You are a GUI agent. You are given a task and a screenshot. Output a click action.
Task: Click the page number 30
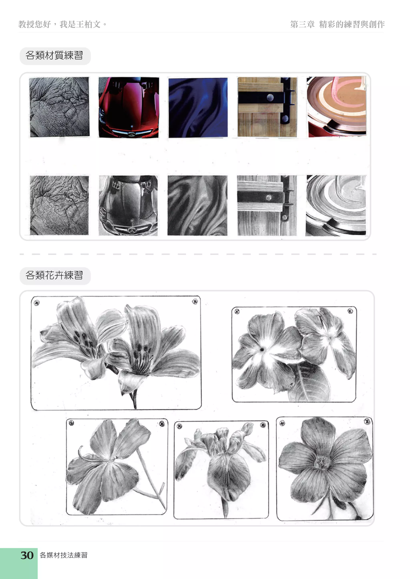click(27, 555)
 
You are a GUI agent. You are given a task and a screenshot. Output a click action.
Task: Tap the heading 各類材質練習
click(54, 55)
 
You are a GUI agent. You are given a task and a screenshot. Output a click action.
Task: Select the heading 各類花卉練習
click(54, 275)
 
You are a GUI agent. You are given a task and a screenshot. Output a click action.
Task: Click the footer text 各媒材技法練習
click(63, 555)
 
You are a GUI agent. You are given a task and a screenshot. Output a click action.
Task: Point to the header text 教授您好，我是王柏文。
click(62, 24)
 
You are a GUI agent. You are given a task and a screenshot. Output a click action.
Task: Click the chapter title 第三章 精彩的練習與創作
click(337, 24)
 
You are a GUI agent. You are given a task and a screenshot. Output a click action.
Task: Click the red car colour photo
click(129, 107)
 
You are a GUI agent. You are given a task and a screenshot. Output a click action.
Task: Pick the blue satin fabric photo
click(198, 108)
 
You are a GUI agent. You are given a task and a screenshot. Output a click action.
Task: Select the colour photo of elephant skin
click(59, 107)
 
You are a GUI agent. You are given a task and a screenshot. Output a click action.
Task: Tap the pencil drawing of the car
click(128, 206)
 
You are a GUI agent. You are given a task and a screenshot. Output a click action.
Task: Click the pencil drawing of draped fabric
click(197, 206)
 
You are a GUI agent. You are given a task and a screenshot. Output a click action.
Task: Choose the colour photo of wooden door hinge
click(267, 107)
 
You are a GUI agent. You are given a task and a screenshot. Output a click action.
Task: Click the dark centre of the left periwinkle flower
click(262, 349)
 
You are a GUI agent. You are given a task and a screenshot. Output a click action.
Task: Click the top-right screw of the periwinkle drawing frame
click(350, 311)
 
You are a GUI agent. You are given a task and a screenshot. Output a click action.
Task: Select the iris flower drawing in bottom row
click(221, 470)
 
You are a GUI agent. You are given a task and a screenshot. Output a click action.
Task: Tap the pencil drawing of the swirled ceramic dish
click(336, 206)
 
